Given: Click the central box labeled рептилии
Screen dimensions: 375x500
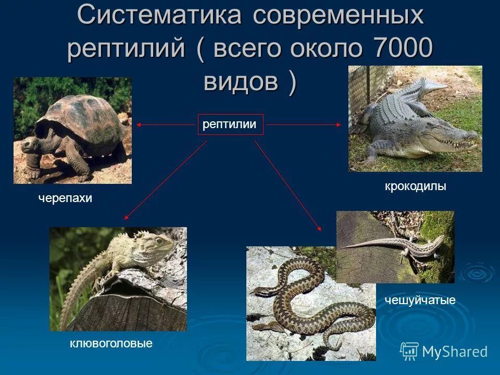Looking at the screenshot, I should pyautogui.click(x=230, y=124).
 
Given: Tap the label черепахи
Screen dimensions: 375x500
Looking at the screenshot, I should pyautogui.click(x=65, y=198).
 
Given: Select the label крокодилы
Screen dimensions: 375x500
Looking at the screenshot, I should pyautogui.click(x=416, y=186).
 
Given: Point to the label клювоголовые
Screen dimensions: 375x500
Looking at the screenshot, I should pyautogui.click(x=111, y=343).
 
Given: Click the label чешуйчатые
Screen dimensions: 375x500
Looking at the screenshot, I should pyautogui.click(x=420, y=300).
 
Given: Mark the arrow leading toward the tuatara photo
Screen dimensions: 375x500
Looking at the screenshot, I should pyautogui.click(x=165, y=180).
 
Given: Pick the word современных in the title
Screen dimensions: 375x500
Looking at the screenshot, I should pyautogui.click(x=339, y=16).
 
